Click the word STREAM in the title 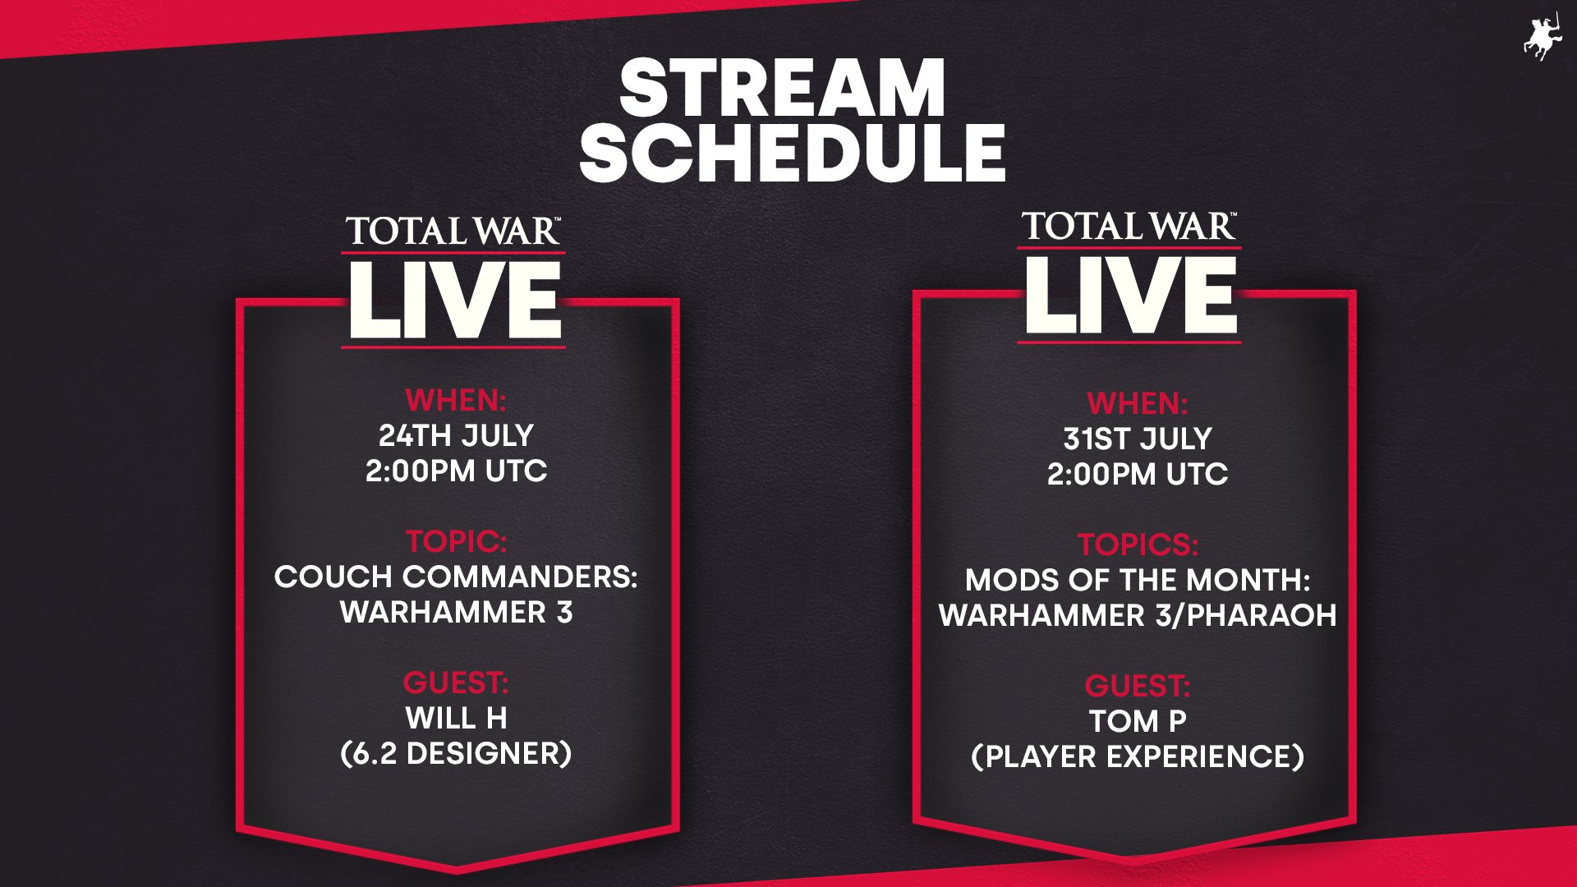[x=782, y=88]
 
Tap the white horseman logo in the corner [x=1542, y=37]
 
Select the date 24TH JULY [x=456, y=435]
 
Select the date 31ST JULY [x=1138, y=439]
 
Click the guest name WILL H [x=456, y=719]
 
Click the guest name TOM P [x=1138, y=721]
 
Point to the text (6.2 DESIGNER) [x=456, y=754]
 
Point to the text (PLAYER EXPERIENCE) [x=1138, y=756]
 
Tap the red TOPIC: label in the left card [x=456, y=541]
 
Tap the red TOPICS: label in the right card [x=1138, y=545]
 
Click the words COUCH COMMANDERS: [x=456, y=577]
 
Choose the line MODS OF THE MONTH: [x=1138, y=580]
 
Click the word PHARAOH [x=1262, y=615]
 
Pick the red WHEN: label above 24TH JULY [x=456, y=400]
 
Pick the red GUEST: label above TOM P [x=1138, y=686]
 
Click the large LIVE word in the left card [x=455, y=301]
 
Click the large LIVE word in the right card [x=1130, y=295]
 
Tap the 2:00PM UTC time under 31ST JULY [x=1138, y=474]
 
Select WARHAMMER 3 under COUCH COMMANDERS [x=456, y=612]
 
